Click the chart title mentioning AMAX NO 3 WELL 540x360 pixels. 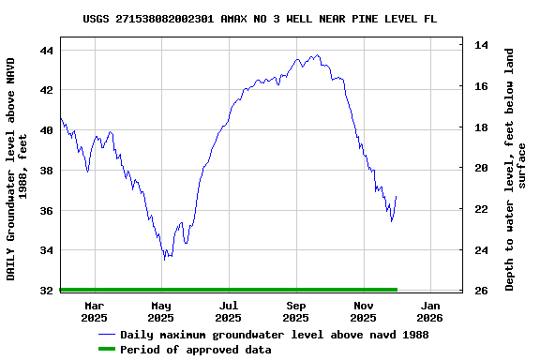pyautogui.click(x=259, y=19)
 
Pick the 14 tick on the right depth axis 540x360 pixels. pyautogui.click(x=480, y=45)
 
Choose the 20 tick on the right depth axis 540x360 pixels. pyautogui.click(x=480, y=168)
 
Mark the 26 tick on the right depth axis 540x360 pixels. pyautogui.click(x=480, y=291)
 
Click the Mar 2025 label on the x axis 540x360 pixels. pyautogui.click(x=94, y=311)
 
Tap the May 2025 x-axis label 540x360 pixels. pyautogui.click(x=161, y=311)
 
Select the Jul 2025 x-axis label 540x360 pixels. pyautogui.click(x=229, y=311)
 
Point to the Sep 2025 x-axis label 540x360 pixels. pyautogui.click(x=296, y=311)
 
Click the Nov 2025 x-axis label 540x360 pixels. pyautogui.click(x=364, y=311)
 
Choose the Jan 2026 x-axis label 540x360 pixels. pyautogui.click(x=430, y=311)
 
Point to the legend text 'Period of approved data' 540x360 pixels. pyautogui.click(x=196, y=350)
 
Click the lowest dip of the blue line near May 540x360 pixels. pyautogui.click(x=164, y=259)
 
